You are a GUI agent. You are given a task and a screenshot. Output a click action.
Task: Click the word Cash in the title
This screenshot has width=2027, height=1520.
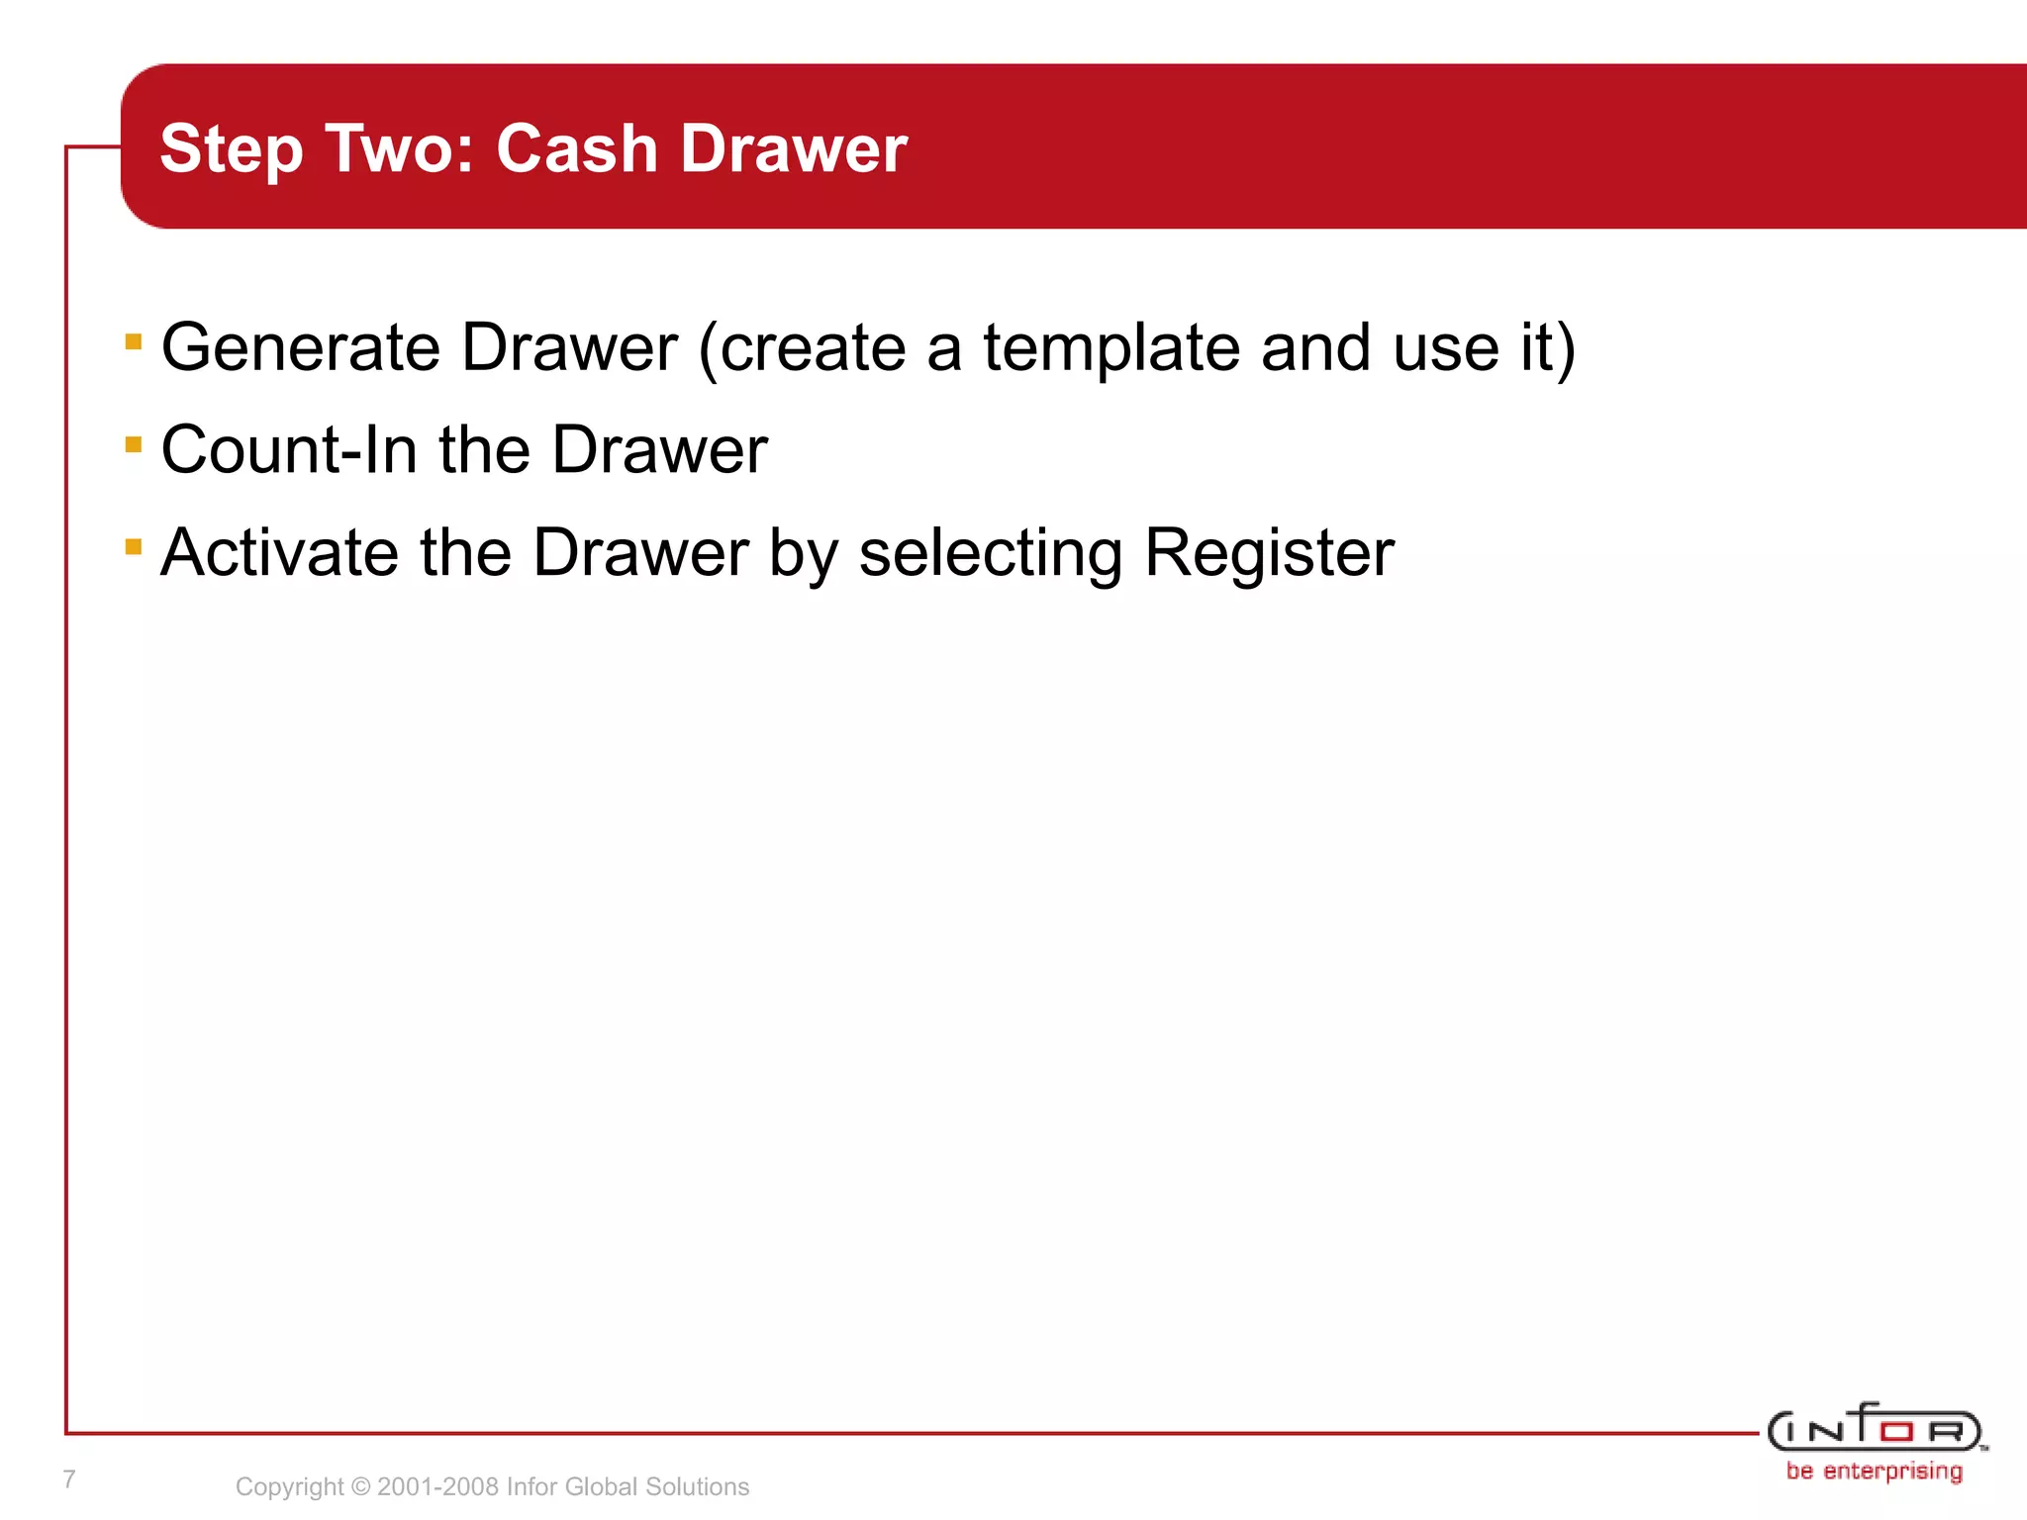pyautogui.click(x=576, y=148)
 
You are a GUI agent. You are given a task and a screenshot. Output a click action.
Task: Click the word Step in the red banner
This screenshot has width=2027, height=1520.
pyautogui.click(x=231, y=150)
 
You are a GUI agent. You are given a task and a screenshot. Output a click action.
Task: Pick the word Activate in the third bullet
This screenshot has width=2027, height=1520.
pyautogui.click(x=280, y=552)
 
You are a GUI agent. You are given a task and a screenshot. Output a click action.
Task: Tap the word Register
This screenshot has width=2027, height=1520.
pyautogui.click(x=1269, y=552)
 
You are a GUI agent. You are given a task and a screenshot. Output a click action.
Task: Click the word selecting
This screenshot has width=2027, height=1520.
pyautogui.click(x=990, y=554)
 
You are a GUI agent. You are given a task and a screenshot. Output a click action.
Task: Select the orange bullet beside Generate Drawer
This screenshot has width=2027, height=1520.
pyautogui.click(x=134, y=342)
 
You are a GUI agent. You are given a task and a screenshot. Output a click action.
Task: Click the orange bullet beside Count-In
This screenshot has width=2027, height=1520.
pyautogui.click(x=134, y=444)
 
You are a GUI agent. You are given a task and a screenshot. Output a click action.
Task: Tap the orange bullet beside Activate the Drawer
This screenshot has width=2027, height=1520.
pyautogui.click(x=134, y=546)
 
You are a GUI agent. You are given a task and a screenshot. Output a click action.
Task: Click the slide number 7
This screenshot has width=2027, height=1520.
pyautogui.click(x=69, y=1479)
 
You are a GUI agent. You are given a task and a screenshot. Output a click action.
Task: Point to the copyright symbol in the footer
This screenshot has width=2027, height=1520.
pyautogui.click(x=360, y=1486)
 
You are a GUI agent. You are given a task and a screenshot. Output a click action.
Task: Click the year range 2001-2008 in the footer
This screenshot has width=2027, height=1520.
pyautogui.click(x=438, y=1486)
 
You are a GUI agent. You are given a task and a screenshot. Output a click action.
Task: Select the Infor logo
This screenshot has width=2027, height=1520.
pyautogui.click(x=1875, y=1429)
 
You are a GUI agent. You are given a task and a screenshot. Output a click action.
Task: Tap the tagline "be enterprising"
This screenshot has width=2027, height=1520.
pyautogui.click(x=1875, y=1472)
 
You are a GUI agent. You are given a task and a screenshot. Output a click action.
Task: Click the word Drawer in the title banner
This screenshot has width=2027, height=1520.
pyautogui.click(x=794, y=148)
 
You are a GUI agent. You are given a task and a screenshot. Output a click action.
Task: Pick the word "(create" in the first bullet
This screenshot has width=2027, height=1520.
pyautogui.click(x=802, y=348)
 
